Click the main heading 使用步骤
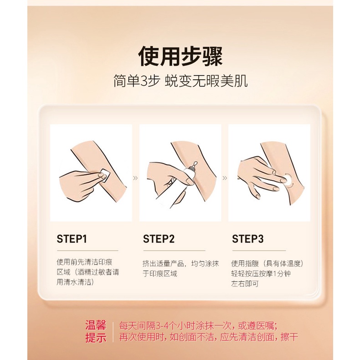coord(180,56)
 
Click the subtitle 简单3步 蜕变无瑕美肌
coord(180,81)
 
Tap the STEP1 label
coord(72,239)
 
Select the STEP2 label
coord(159,239)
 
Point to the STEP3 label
coord(247,239)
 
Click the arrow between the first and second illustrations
coord(135,178)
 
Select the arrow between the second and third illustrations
coord(225,178)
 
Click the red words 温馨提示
coord(96,332)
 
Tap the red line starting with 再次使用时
coord(208,337)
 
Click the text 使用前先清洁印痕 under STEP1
coord(84,262)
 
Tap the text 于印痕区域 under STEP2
coord(160,274)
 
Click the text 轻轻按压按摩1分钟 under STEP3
coord(261,274)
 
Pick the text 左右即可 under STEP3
coord(245,284)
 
